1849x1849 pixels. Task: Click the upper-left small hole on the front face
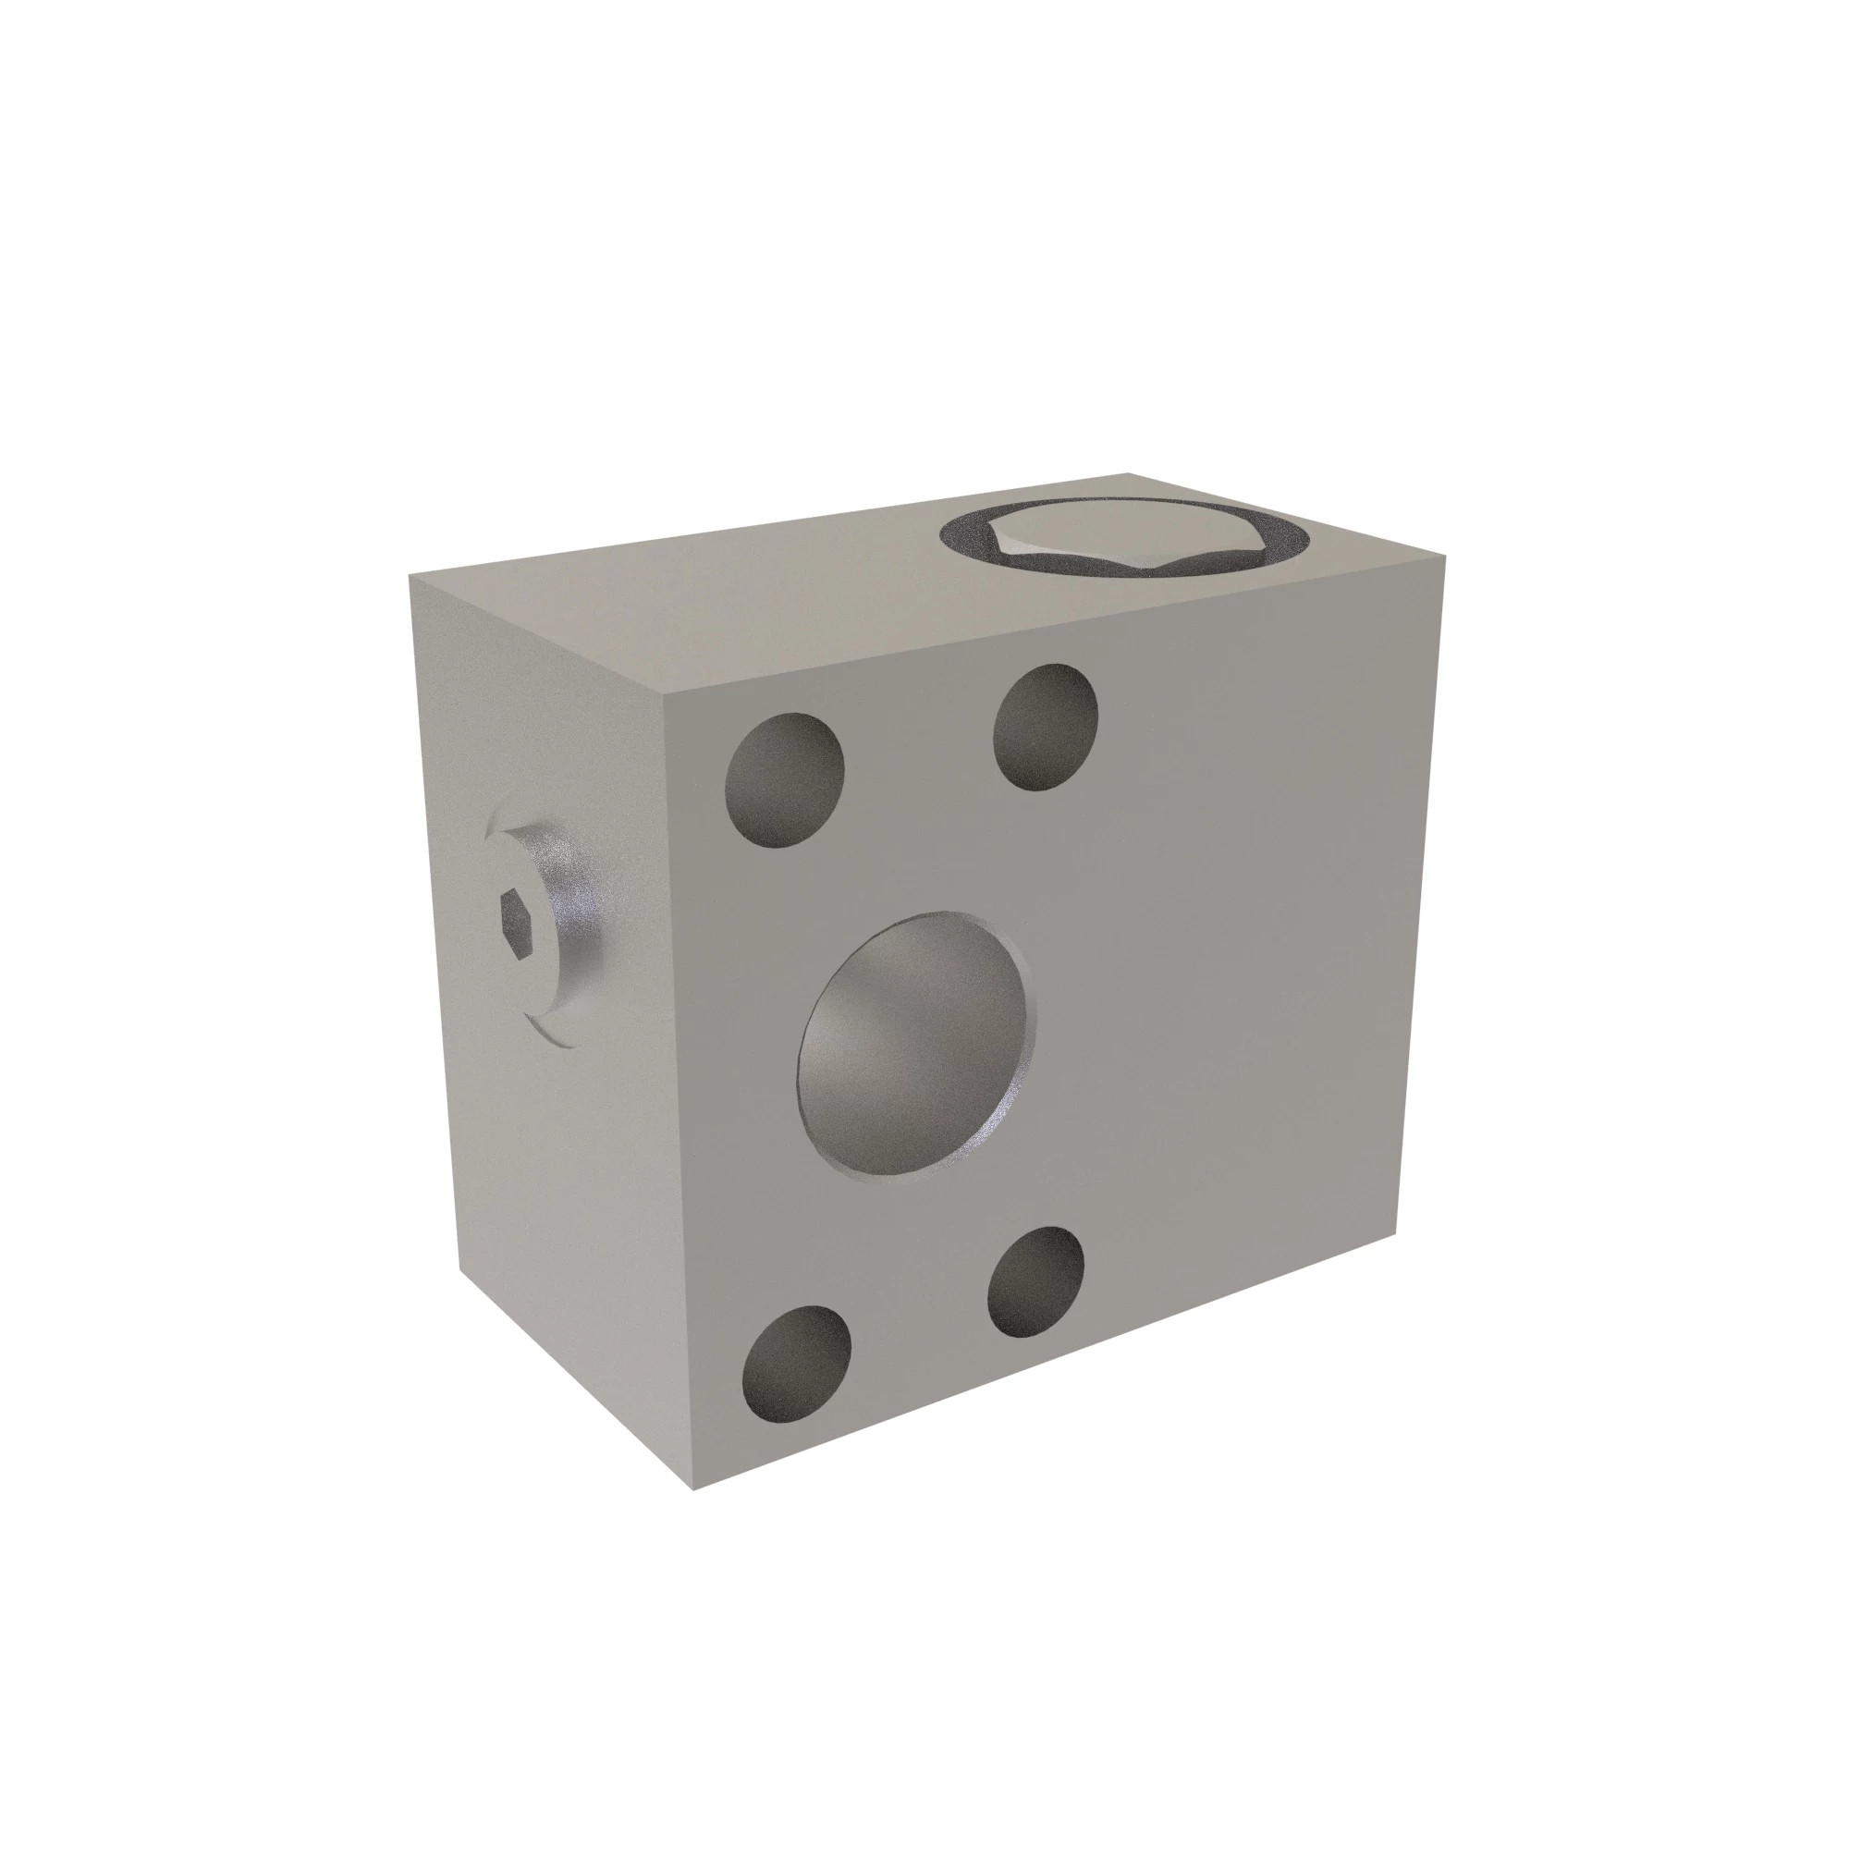pos(785,780)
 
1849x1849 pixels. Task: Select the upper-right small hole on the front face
pos(1045,728)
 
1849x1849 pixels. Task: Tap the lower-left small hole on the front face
pos(796,1364)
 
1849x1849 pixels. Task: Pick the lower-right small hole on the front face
pos(1036,1281)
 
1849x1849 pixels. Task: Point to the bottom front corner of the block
pos(692,1490)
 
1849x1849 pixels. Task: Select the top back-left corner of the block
pos(410,575)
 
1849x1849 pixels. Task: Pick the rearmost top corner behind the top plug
pos(1130,472)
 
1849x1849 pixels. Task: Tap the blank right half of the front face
pos(1244,957)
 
